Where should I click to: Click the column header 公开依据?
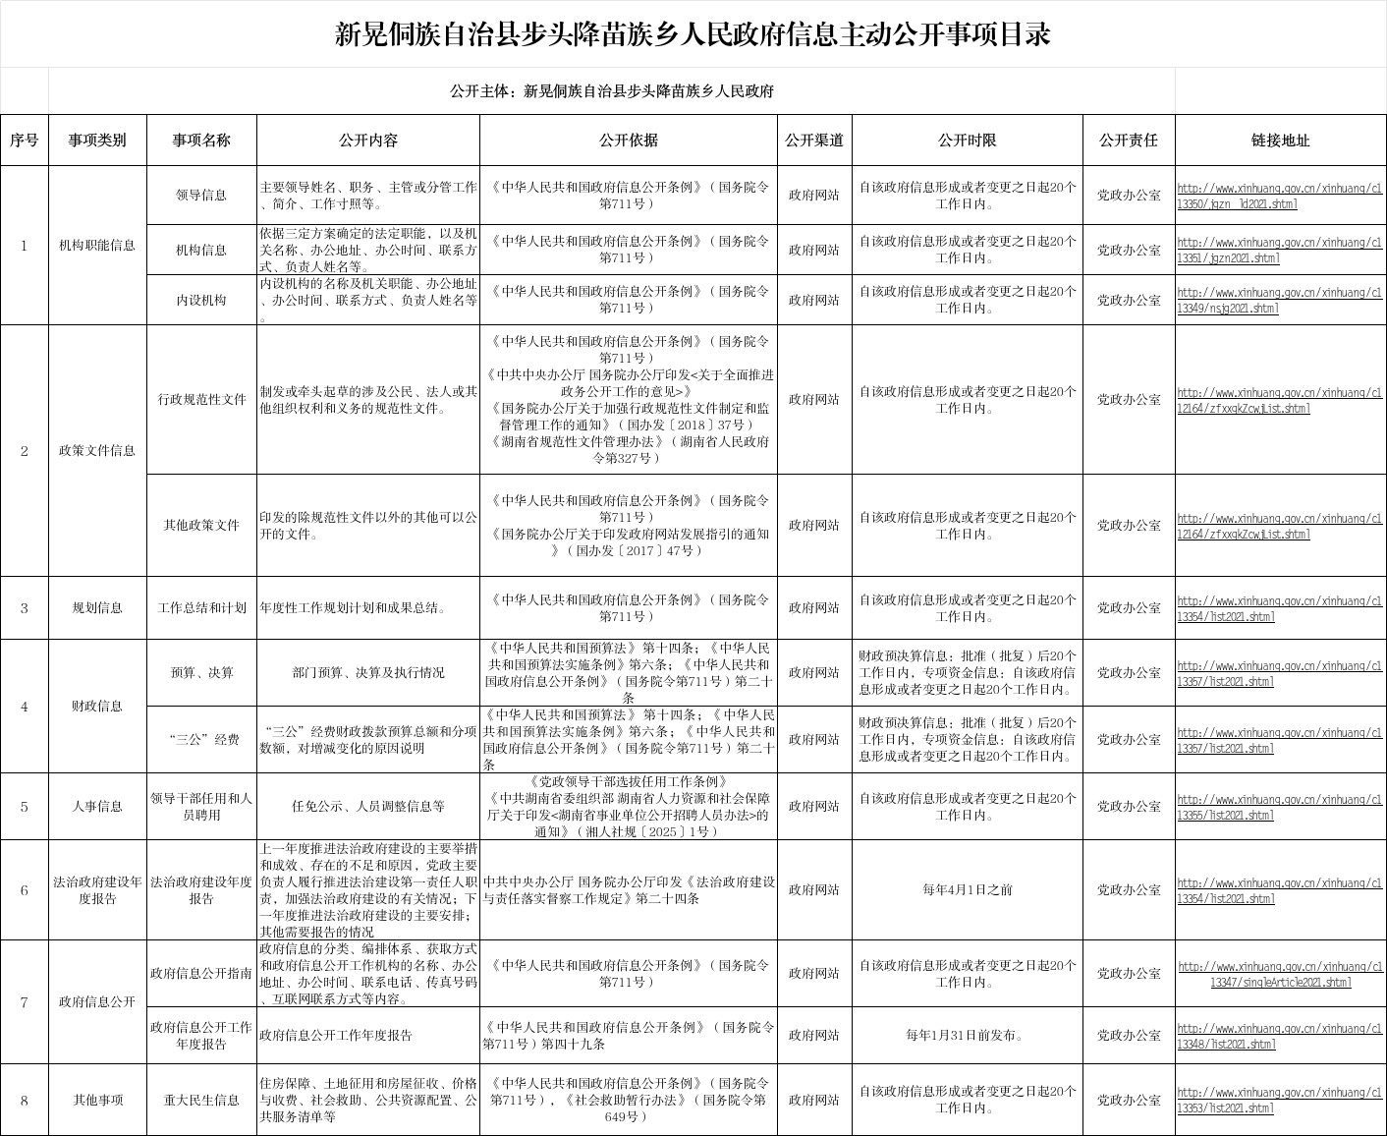[629, 141]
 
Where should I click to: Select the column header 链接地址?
[1280, 141]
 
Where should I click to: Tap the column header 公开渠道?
[814, 141]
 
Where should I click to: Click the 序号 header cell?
[25, 141]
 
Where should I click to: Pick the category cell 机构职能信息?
[97, 245]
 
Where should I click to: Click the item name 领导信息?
[201, 196]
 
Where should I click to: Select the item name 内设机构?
[201, 301]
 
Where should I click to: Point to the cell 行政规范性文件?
[201, 400]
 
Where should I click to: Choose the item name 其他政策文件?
[201, 526]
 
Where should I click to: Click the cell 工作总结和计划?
[201, 608]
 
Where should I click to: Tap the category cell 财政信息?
[97, 707]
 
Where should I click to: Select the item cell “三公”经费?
[201, 740]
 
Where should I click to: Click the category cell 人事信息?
[97, 807]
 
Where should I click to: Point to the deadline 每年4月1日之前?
[967, 890]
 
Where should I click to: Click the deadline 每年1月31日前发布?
[967, 1035]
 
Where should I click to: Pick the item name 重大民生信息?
[201, 1101]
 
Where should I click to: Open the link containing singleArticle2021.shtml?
[1280, 975]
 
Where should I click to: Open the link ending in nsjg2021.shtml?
[1280, 301]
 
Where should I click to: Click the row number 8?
[25, 1101]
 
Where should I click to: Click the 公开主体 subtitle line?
[611, 91]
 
